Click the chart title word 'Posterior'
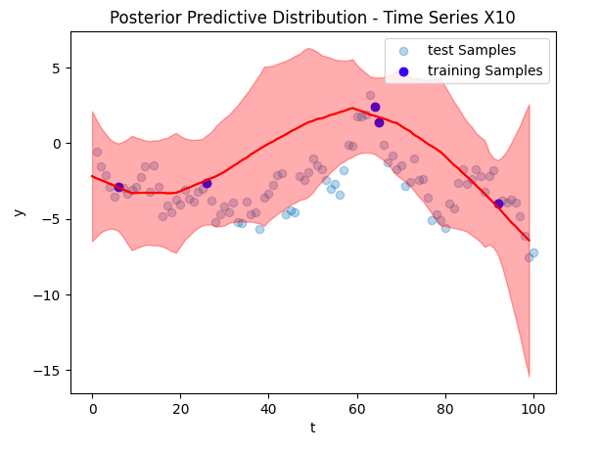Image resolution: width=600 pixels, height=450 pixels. (142, 18)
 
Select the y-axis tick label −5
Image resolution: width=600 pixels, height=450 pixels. (53, 219)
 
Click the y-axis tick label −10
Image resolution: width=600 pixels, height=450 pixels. (49, 294)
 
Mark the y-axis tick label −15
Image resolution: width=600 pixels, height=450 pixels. (49, 370)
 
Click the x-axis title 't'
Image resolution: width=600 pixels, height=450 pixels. (313, 428)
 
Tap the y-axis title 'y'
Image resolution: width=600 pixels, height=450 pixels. (20, 212)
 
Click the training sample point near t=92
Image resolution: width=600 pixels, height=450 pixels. (498, 203)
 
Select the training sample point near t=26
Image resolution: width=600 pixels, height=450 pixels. (207, 183)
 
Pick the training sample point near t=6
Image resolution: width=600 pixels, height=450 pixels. (118, 187)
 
